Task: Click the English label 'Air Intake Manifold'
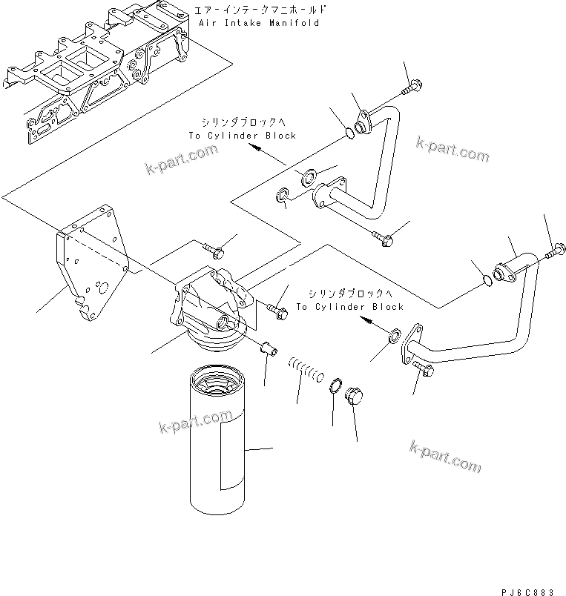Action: click(259, 23)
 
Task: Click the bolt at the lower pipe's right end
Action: click(555, 251)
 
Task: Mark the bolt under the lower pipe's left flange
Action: click(422, 369)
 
